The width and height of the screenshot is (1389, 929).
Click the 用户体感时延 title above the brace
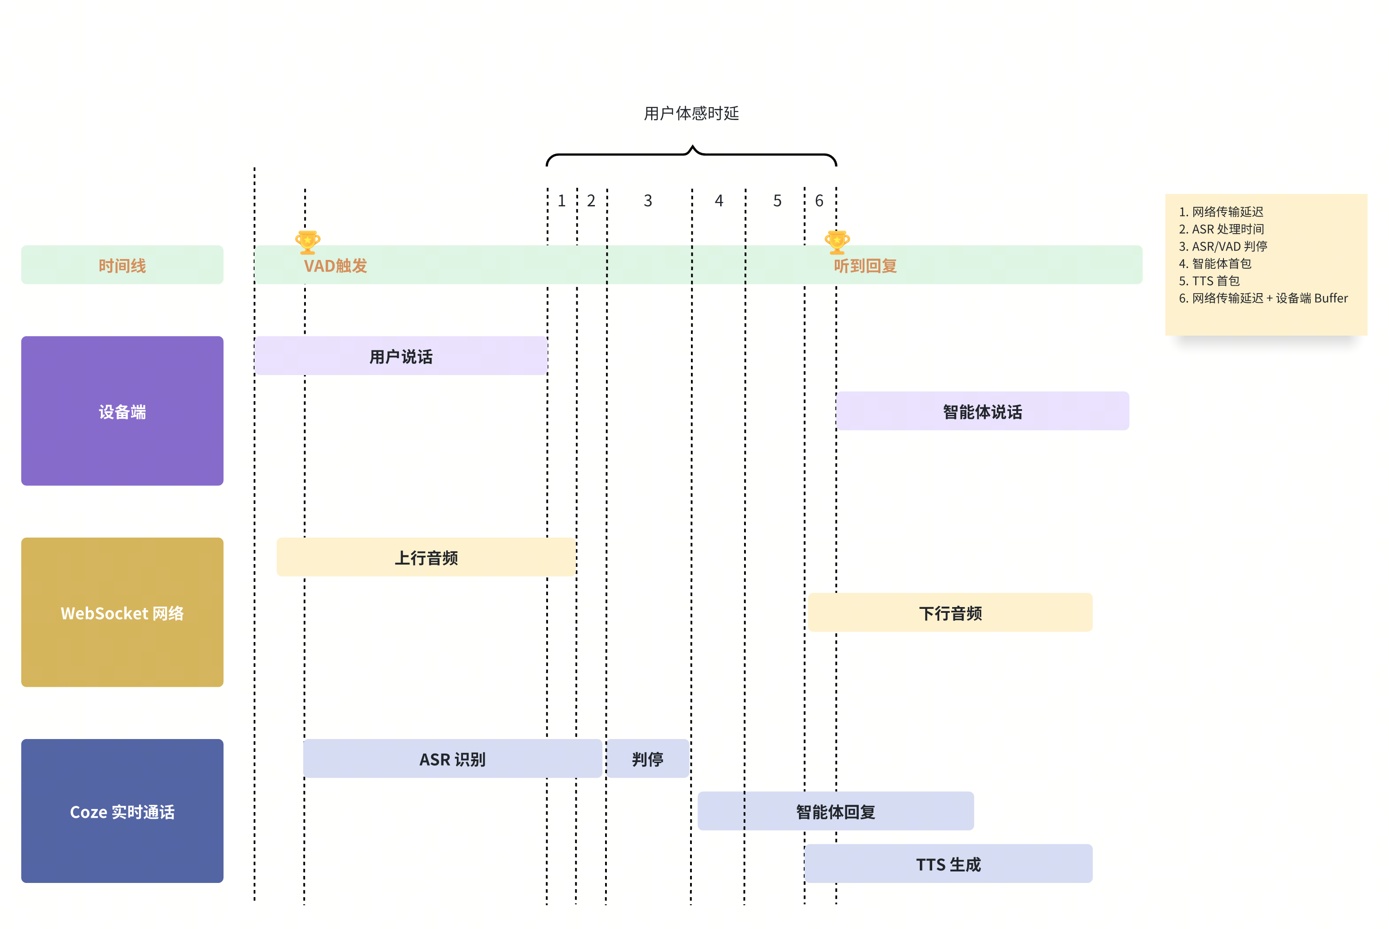[691, 113]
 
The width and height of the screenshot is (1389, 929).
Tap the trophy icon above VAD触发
[308, 242]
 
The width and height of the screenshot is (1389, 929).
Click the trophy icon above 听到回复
[837, 242]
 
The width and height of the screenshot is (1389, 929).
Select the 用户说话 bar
[401, 356]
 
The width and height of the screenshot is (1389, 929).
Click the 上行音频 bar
[426, 557]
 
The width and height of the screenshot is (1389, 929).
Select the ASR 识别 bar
[452, 759]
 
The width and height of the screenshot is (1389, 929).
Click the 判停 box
[647, 759]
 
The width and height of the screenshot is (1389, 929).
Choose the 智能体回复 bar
[835, 811]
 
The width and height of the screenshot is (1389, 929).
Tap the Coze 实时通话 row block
[122, 811]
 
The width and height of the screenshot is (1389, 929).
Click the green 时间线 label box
[122, 265]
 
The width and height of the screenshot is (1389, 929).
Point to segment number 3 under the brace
[648, 201]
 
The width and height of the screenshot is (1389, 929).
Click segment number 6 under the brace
[819, 201]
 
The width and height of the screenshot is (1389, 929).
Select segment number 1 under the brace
[561, 201]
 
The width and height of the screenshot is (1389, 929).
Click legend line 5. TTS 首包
[1209, 281]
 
